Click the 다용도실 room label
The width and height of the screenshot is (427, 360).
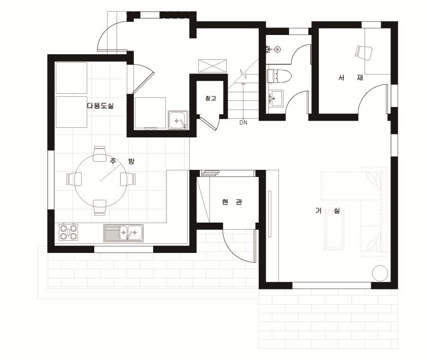pyautogui.click(x=100, y=105)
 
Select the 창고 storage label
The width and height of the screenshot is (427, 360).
pyautogui.click(x=211, y=98)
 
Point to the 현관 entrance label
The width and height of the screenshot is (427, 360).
pyautogui.click(x=232, y=202)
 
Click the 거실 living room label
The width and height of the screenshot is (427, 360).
pyautogui.click(x=328, y=210)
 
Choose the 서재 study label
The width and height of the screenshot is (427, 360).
pyautogui.click(x=350, y=78)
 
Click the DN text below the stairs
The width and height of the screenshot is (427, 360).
pyautogui.click(x=243, y=123)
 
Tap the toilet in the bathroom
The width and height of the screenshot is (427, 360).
pyautogui.click(x=279, y=76)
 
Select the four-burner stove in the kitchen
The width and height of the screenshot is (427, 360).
pyautogui.click(x=68, y=232)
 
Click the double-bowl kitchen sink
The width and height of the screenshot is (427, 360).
pyautogui.click(x=123, y=233)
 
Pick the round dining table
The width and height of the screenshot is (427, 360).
pyautogui.click(x=100, y=181)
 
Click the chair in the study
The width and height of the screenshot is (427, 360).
pyautogui.click(x=363, y=53)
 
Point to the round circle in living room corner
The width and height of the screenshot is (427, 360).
pyautogui.click(x=380, y=273)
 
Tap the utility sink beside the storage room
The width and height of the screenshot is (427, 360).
pyautogui.click(x=178, y=120)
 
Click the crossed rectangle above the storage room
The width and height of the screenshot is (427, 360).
pyautogui.click(x=212, y=66)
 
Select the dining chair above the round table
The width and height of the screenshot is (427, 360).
pyautogui.click(x=100, y=154)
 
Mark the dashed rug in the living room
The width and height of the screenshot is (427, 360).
pyautogui.click(x=335, y=230)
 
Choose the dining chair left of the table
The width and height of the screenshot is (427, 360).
pyautogui.click(x=74, y=179)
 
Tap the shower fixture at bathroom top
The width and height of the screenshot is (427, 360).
pyautogui.click(x=274, y=50)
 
